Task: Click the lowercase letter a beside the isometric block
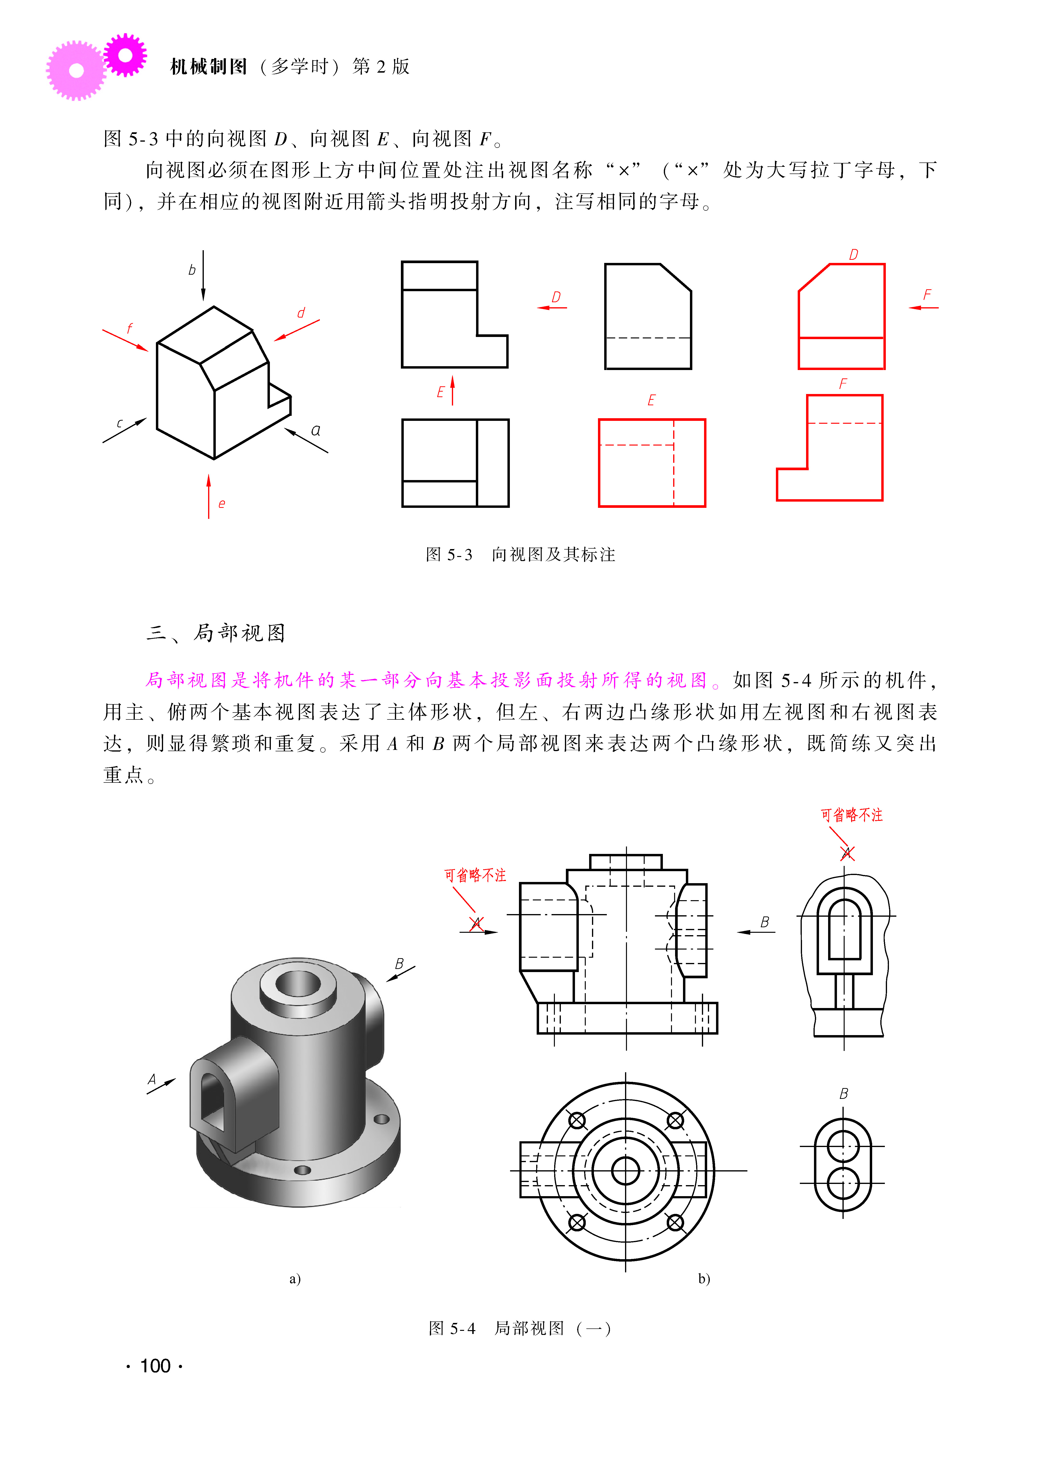(x=315, y=430)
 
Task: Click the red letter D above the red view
(x=853, y=255)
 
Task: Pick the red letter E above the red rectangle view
(x=651, y=400)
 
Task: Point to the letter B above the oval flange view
(x=844, y=1094)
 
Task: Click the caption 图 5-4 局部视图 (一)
(x=520, y=1328)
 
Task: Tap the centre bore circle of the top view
(x=626, y=1171)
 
